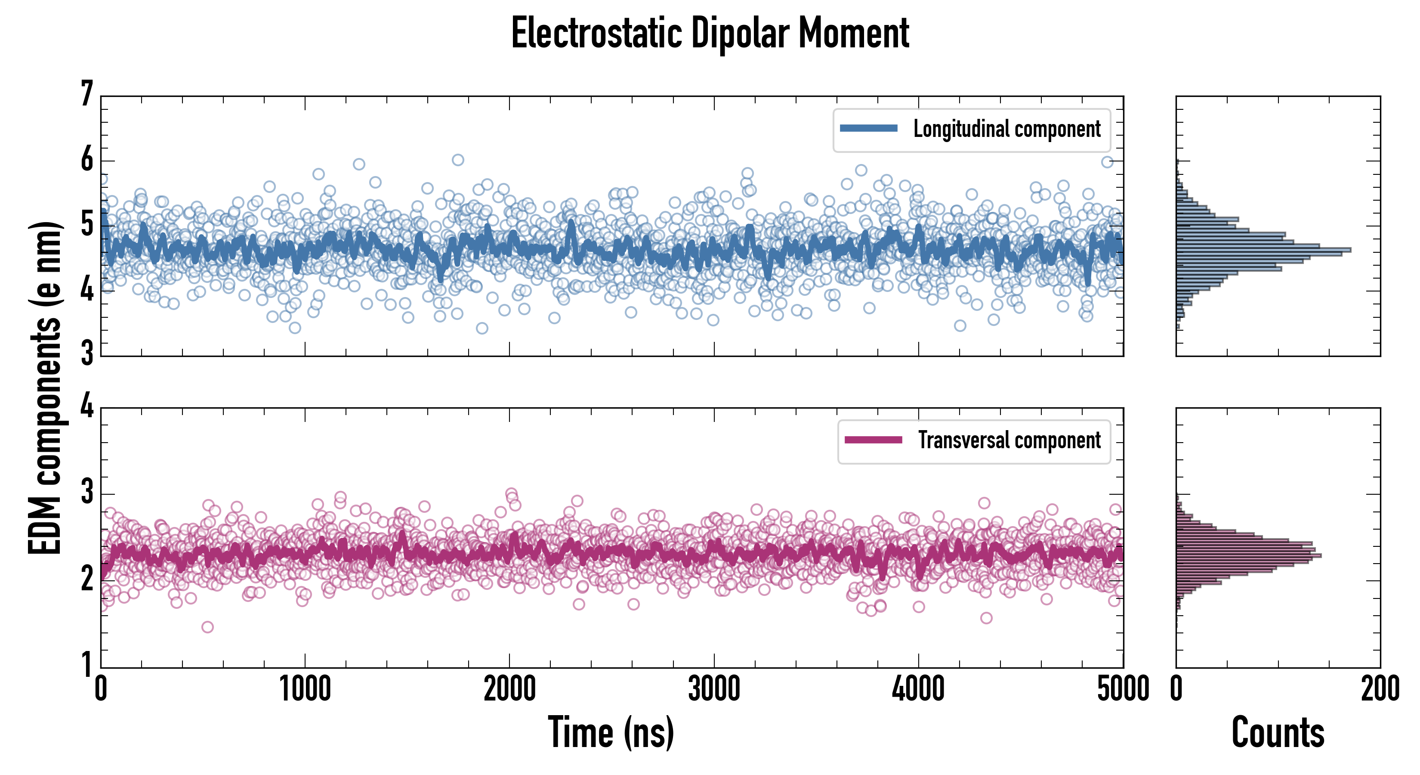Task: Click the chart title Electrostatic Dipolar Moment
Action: click(x=710, y=33)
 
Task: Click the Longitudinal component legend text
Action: click(x=1006, y=129)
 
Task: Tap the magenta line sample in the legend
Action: click(x=873, y=440)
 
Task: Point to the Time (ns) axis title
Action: click(x=611, y=732)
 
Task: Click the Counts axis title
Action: click(x=1278, y=732)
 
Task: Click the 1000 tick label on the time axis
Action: click(x=305, y=689)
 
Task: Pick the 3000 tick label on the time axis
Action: click(x=714, y=689)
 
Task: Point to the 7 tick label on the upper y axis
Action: click(x=87, y=94)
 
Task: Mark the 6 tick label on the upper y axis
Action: click(x=87, y=160)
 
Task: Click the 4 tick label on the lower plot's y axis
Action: click(x=87, y=407)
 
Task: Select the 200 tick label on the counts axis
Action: click(x=1380, y=689)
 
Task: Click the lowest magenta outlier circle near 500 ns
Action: click(x=207, y=626)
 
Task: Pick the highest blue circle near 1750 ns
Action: click(x=457, y=160)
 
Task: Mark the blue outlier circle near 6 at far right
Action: click(x=1107, y=161)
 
